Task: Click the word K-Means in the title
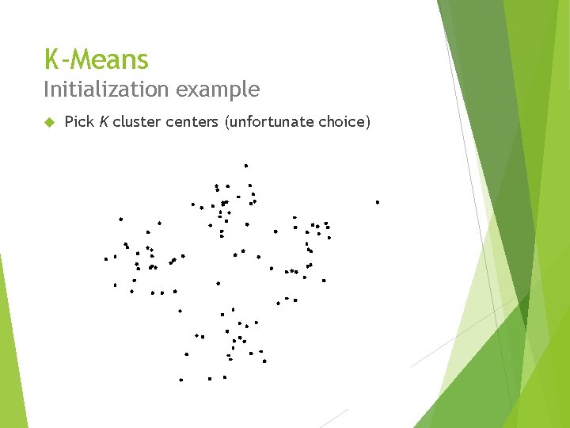click(x=96, y=59)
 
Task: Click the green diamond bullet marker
click(x=48, y=122)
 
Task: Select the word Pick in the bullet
click(x=78, y=122)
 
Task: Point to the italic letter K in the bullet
click(x=103, y=122)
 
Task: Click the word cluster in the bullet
click(x=135, y=122)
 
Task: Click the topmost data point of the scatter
click(x=246, y=166)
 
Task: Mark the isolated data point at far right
click(x=378, y=202)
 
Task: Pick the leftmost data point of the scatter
click(x=105, y=258)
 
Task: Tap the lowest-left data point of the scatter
click(x=180, y=380)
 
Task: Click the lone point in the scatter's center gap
click(x=218, y=283)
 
